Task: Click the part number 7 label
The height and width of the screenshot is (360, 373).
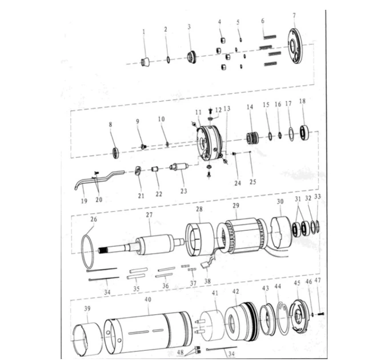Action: pyautogui.click(x=294, y=15)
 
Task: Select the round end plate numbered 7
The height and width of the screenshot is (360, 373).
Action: pyautogui.click(x=295, y=46)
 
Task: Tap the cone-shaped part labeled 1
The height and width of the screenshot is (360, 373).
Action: pyautogui.click(x=145, y=62)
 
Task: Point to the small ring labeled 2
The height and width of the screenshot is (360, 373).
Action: pyautogui.click(x=168, y=60)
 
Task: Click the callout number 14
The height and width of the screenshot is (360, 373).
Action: pyautogui.click(x=250, y=107)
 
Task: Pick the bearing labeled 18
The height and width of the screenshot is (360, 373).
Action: pyautogui.click(x=304, y=133)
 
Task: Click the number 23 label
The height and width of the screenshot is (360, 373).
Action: pyautogui.click(x=184, y=191)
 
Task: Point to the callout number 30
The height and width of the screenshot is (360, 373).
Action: pyautogui.click(x=280, y=202)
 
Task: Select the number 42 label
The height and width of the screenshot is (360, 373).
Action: pyautogui.click(x=235, y=291)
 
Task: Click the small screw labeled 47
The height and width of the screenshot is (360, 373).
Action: pyautogui.click(x=320, y=314)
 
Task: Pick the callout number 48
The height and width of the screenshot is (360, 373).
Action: pyautogui.click(x=181, y=353)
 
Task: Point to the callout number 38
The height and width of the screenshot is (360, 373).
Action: pyautogui.click(x=207, y=281)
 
